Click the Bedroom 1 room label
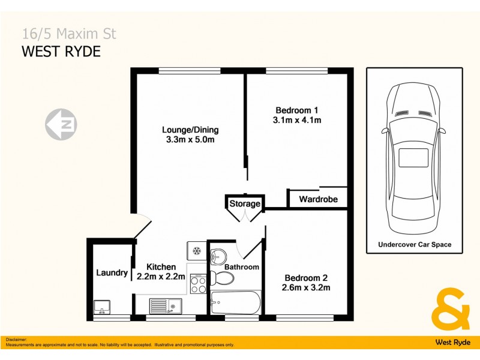click(x=296, y=110)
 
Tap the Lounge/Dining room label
click(x=190, y=130)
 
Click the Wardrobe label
click(x=318, y=199)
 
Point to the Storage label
click(x=245, y=204)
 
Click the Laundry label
click(x=112, y=273)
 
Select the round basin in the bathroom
click(x=217, y=254)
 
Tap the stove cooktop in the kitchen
click(x=197, y=283)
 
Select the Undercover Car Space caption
click(x=415, y=245)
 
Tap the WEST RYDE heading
click(x=61, y=52)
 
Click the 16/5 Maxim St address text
click(x=69, y=34)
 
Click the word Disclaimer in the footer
click(x=16, y=340)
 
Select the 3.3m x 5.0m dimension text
click(x=190, y=140)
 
